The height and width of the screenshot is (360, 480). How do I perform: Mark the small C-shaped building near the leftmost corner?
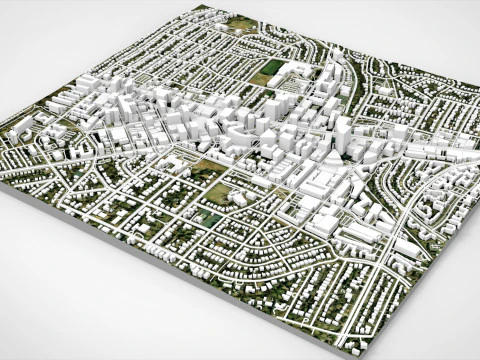click(23, 130)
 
